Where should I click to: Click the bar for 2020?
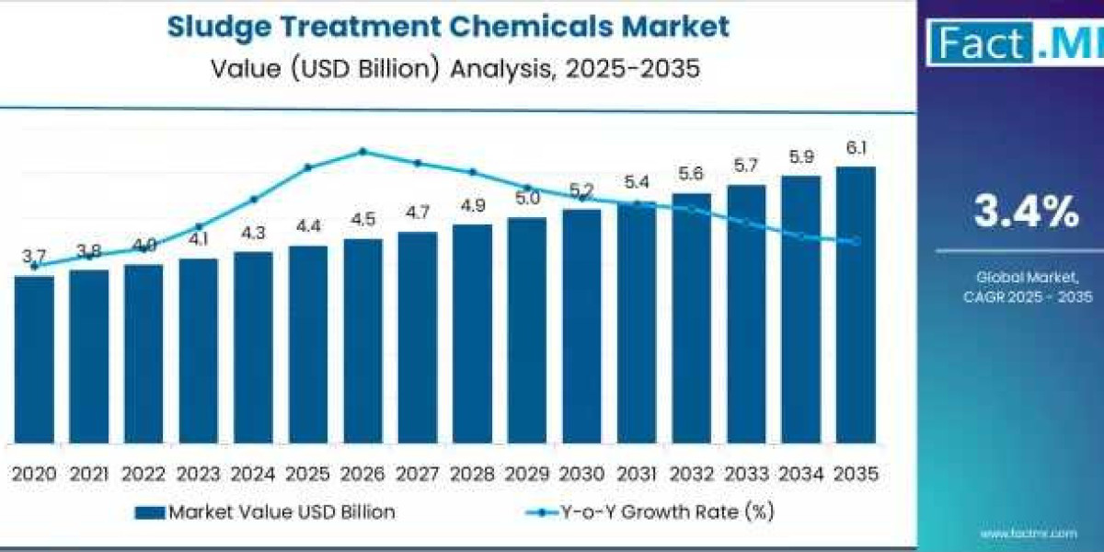[x=34, y=359]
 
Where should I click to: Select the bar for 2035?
[x=856, y=305]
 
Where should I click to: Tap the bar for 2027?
[x=418, y=337]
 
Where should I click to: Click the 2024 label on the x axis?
[x=253, y=475]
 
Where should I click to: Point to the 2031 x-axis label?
[x=637, y=475]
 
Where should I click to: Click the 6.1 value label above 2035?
[x=856, y=148]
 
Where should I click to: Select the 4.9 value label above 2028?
[x=473, y=206]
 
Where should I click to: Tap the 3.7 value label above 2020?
[x=35, y=255]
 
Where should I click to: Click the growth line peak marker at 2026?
[x=362, y=151]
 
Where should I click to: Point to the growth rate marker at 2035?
[x=856, y=241]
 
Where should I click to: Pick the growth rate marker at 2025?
[x=308, y=167]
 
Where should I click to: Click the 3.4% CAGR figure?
[x=1027, y=213]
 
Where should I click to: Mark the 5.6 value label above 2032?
[x=691, y=175]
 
